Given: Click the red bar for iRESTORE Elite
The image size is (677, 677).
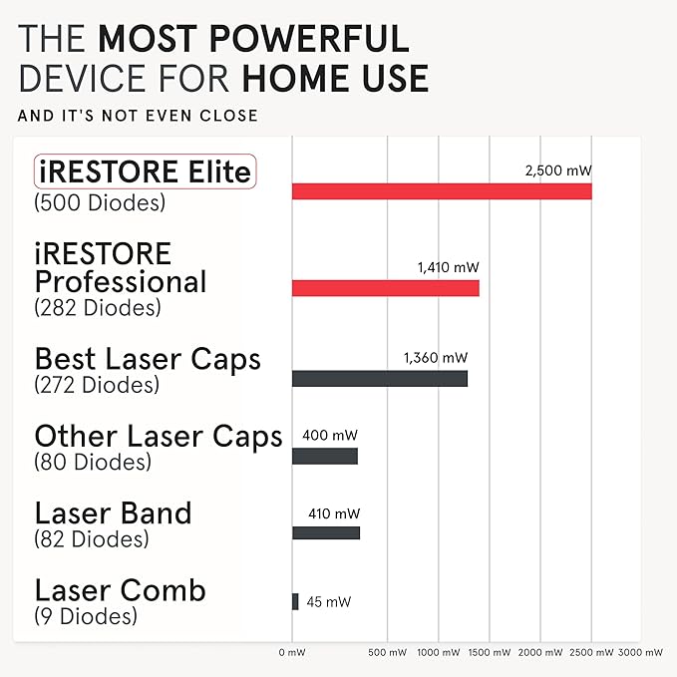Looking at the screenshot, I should (x=442, y=191).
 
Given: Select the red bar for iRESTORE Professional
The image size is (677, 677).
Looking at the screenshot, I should (x=385, y=288).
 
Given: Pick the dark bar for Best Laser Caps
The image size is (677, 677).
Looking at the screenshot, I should (x=379, y=379).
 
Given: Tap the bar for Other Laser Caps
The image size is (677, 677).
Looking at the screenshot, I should (x=324, y=456).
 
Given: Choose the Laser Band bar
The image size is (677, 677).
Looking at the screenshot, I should (x=325, y=532).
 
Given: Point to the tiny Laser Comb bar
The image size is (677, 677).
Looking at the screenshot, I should (x=295, y=601).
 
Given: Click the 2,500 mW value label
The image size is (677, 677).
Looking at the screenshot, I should (x=558, y=170).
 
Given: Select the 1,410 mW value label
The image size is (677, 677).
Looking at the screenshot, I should (x=449, y=267).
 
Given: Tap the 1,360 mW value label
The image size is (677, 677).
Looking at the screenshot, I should (x=436, y=357).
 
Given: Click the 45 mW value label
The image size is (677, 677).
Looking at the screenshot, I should (x=328, y=601).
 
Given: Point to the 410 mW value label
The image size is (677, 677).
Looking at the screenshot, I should (x=334, y=513).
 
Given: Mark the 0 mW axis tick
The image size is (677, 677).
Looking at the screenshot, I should (x=292, y=652).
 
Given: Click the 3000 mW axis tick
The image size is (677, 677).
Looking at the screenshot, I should (x=640, y=652).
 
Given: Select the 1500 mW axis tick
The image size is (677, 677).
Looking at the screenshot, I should (x=490, y=652).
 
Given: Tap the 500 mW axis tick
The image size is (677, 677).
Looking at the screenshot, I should (x=388, y=652).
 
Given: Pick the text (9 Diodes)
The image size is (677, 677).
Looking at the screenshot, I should (x=85, y=616).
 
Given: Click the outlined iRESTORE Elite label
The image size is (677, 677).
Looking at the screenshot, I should (x=145, y=172).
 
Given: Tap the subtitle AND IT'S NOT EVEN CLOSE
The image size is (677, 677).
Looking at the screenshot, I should (x=138, y=116).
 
